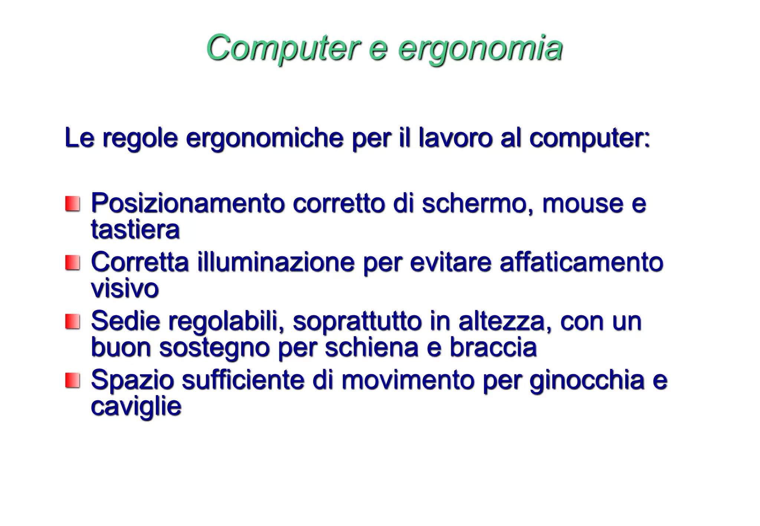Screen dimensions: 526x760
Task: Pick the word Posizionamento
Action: tap(188, 203)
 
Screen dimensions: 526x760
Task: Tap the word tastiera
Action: tap(135, 229)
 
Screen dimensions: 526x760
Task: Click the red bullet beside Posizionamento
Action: tap(73, 204)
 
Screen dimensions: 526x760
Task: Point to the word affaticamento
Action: tap(581, 262)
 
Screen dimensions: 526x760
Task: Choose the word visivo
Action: tap(125, 288)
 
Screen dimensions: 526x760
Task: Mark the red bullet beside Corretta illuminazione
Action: tap(73, 263)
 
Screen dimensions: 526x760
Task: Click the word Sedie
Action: tap(125, 321)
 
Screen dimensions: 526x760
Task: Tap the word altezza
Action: tap(501, 321)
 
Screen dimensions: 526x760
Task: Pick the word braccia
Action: tap(493, 347)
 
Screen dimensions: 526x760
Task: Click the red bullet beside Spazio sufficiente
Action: tap(73, 380)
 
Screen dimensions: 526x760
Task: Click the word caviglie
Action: tap(136, 407)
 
